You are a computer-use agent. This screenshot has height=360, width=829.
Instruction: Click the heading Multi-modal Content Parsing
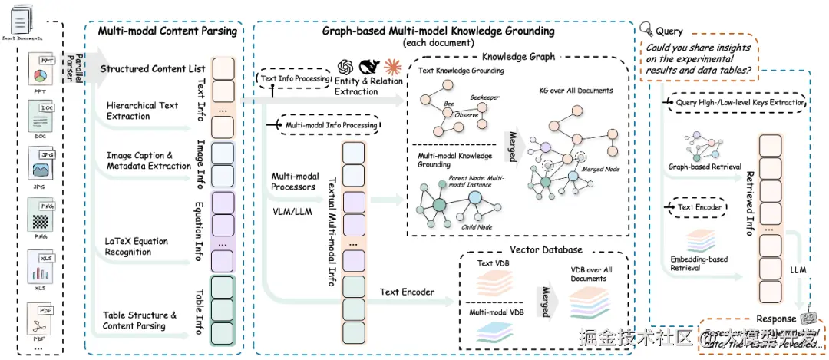(168, 32)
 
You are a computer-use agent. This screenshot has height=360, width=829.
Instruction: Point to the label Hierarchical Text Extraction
(142, 111)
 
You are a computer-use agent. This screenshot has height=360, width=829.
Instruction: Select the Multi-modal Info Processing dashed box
(332, 125)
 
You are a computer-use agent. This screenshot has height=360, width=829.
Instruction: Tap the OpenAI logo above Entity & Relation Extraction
(344, 68)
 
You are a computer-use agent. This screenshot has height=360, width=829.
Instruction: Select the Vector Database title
(546, 249)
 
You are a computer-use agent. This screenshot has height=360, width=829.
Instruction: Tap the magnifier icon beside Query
(646, 31)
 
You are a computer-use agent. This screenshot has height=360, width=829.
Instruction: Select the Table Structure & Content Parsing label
(140, 320)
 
